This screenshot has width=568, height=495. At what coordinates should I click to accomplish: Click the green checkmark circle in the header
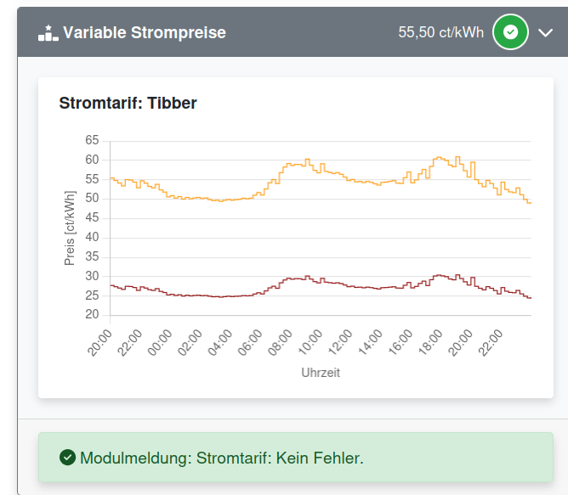510,33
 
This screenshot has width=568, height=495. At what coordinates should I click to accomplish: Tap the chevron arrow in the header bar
545,33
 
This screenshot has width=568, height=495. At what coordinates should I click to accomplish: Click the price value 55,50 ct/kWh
440,33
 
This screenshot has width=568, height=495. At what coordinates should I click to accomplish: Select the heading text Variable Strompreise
145,33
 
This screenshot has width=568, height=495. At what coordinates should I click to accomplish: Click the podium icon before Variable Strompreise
48,33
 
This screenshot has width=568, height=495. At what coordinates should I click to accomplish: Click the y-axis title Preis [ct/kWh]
70,228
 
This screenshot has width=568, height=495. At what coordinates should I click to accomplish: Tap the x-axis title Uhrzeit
321,373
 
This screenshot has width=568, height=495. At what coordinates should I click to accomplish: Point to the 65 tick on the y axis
92,141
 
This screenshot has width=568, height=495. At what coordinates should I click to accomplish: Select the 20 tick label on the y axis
92,315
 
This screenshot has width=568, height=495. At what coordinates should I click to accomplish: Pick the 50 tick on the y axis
92,199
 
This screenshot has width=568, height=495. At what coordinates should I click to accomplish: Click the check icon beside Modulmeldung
67,458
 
